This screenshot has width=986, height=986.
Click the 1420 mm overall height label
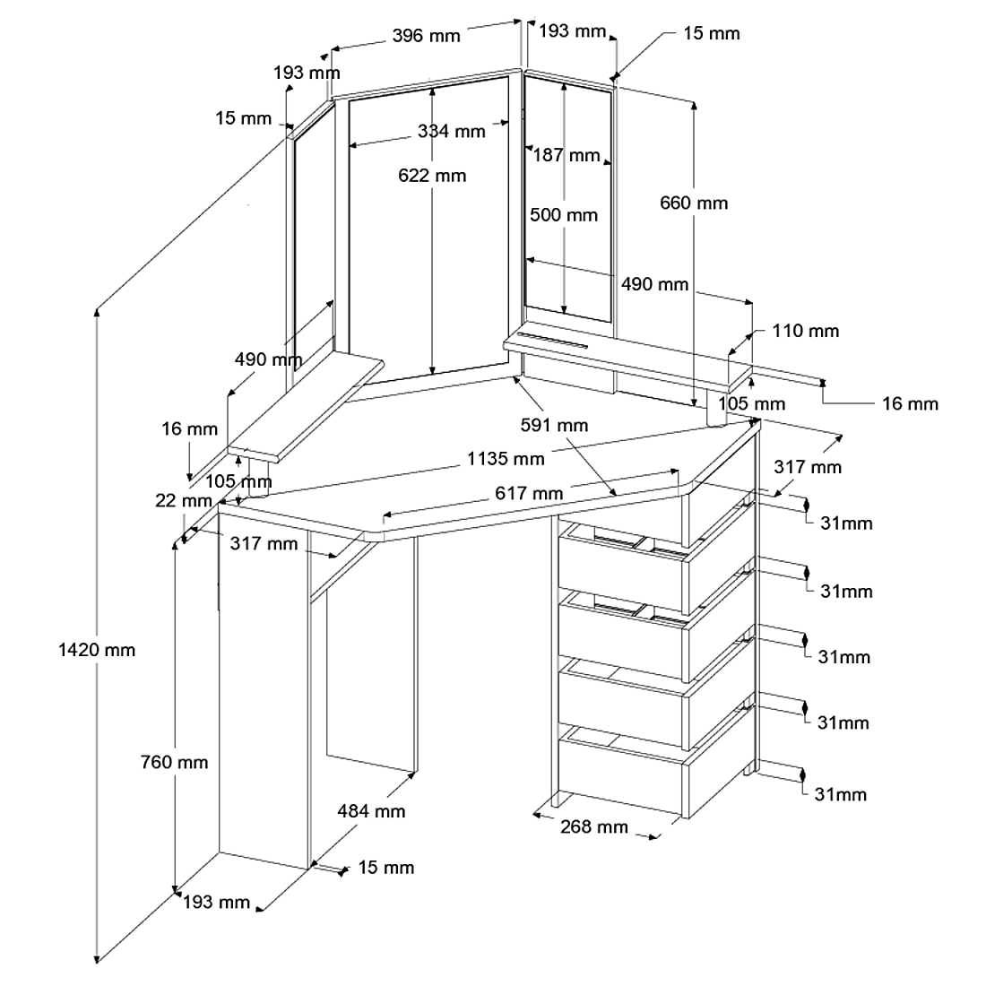96,650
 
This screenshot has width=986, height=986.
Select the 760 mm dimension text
174,763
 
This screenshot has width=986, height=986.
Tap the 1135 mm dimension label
506,459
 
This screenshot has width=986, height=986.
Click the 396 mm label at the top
426,36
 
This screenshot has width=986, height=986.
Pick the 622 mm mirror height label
432,176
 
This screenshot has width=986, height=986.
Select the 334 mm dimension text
451,132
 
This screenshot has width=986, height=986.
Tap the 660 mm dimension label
694,203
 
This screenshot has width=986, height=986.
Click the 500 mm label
563,215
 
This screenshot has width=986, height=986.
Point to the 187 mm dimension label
567,155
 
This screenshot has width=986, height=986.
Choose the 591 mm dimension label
555,425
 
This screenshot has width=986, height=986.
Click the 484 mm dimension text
371,811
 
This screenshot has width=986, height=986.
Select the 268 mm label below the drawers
593,826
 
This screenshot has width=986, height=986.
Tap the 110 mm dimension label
806,331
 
